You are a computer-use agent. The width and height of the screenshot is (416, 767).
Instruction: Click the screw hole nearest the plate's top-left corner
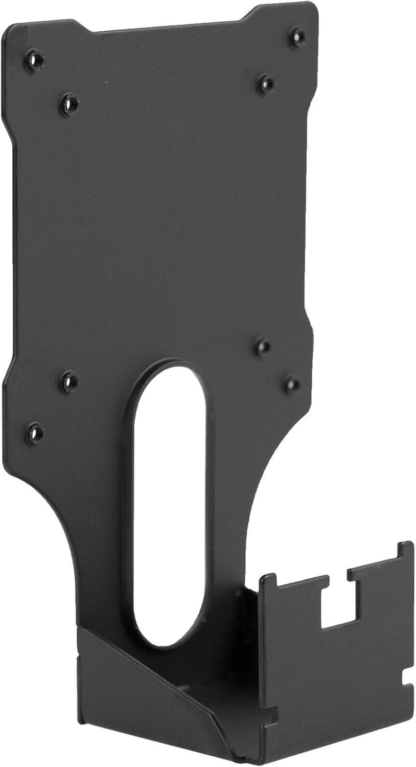34,61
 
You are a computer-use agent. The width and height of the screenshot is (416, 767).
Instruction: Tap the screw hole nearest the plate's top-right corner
296,37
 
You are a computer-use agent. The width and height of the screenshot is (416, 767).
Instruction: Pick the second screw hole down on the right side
265,83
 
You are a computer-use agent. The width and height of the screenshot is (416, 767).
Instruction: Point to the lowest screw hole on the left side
34,434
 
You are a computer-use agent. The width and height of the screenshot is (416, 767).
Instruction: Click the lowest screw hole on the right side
292,383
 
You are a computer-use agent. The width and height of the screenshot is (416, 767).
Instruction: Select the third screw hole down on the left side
68,382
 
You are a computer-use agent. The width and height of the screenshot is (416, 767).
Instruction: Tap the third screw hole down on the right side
262,347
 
